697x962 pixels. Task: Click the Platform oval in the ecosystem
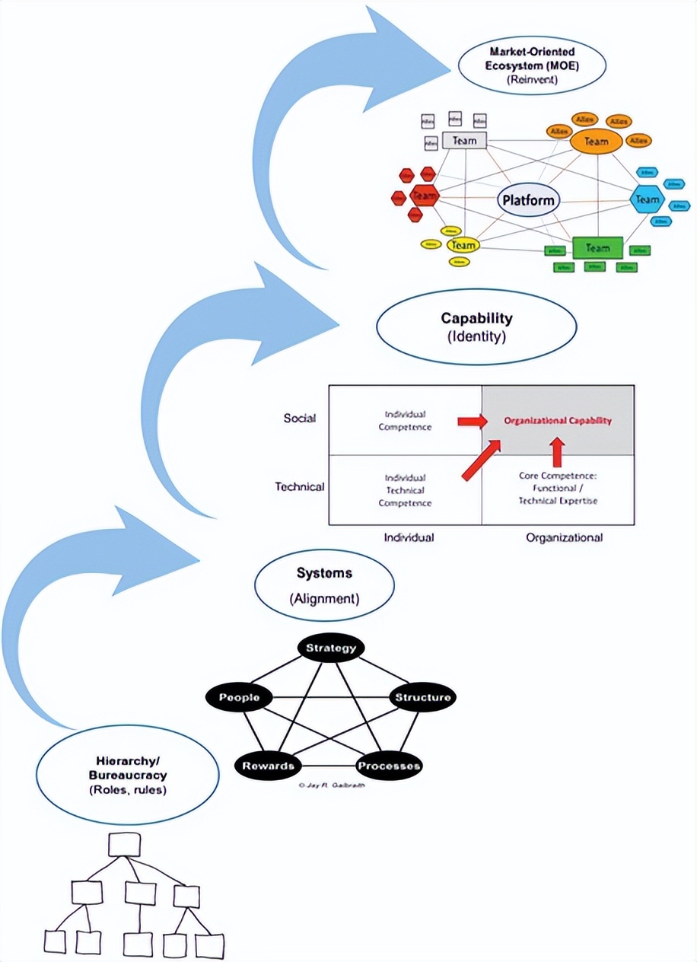pyautogui.click(x=529, y=201)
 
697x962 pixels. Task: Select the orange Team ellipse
pyautogui.click(x=596, y=141)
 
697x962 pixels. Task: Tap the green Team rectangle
pyautogui.click(x=597, y=247)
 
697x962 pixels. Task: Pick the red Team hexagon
pyautogui.click(x=423, y=196)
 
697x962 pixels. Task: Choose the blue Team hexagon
pyautogui.click(x=647, y=199)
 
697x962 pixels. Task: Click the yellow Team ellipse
pyautogui.click(x=463, y=245)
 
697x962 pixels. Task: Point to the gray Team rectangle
pyautogui.click(x=464, y=141)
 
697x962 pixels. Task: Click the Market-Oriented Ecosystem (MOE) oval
pyautogui.click(x=532, y=68)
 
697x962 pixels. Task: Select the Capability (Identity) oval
pyautogui.click(x=476, y=327)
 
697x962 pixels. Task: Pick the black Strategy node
pyautogui.click(x=330, y=648)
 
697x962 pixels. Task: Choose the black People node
pyautogui.click(x=239, y=697)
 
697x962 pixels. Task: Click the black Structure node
pyautogui.click(x=422, y=697)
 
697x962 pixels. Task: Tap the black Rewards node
pyautogui.click(x=268, y=765)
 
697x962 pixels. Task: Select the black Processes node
pyautogui.click(x=389, y=765)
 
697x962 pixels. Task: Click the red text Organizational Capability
pyautogui.click(x=558, y=420)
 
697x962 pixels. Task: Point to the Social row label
pyautogui.click(x=298, y=418)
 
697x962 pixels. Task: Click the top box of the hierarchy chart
pyautogui.click(x=124, y=844)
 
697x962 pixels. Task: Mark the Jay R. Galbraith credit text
pyautogui.click(x=331, y=785)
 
